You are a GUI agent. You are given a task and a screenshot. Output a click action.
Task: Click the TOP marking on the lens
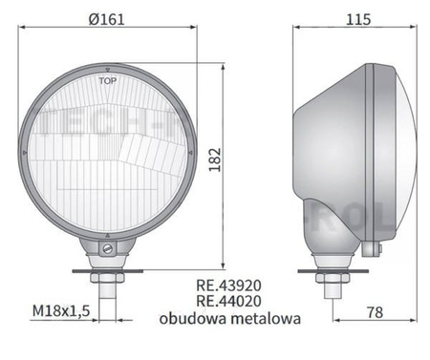click(110, 81)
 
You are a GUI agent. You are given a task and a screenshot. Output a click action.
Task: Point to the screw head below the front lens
click(108, 250)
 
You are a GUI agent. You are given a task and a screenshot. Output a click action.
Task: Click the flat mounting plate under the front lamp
click(108, 270)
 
